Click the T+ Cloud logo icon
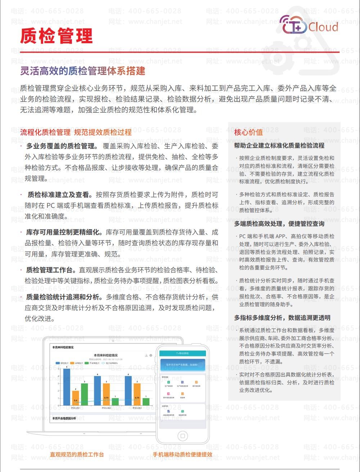tap(294, 25)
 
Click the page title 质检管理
tap(57, 36)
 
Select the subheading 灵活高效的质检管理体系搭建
tap(83, 71)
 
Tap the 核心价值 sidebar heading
tap(248, 132)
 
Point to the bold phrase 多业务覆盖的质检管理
tap(61, 146)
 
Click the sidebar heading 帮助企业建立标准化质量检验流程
tap(279, 146)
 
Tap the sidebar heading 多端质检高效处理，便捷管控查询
tap(279, 224)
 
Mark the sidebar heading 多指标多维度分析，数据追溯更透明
tap(282, 318)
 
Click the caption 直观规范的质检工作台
tap(77, 454)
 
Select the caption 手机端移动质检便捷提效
tap(183, 454)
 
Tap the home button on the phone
tap(183, 436)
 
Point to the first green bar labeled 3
tap(84, 394)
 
